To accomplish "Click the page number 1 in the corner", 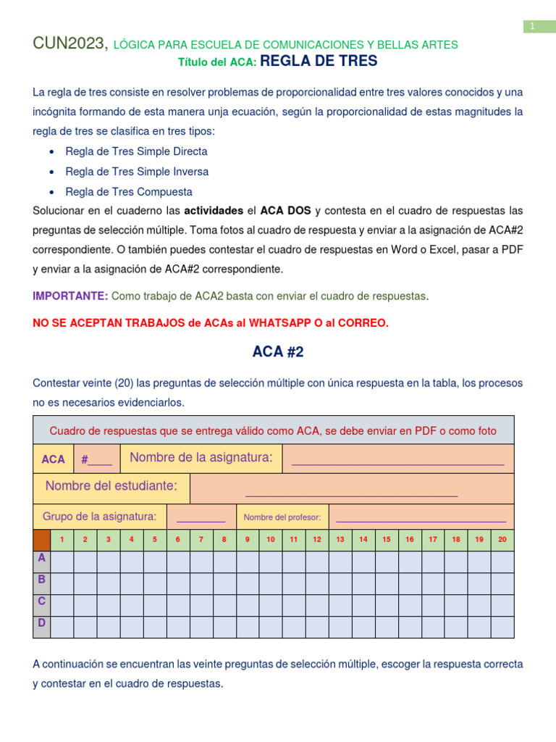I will (x=532, y=27).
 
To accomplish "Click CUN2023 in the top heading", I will (x=69, y=44).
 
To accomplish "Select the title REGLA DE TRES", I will (x=319, y=62).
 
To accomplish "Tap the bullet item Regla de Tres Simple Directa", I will (x=136, y=151).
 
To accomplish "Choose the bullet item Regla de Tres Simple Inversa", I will (x=137, y=172).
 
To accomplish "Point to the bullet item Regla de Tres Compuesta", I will (x=129, y=192).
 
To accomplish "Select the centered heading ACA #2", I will (x=278, y=352).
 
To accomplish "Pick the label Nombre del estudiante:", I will (x=111, y=486).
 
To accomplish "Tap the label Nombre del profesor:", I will (x=282, y=517).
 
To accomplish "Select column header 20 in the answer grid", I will (x=502, y=539).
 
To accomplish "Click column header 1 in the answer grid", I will (x=62, y=539).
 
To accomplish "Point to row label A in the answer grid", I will (x=42, y=558).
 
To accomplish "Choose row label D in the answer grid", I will (x=42, y=623).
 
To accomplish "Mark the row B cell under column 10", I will (x=271, y=583).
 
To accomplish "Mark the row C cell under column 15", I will (x=387, y=605).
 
